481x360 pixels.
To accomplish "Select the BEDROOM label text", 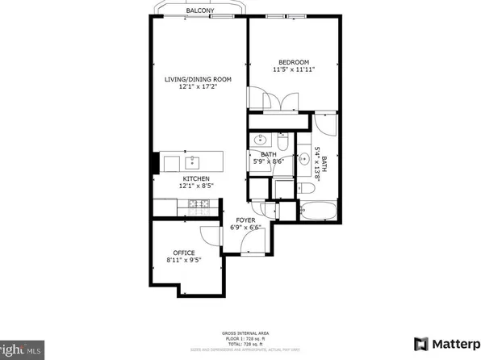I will pos(294,62).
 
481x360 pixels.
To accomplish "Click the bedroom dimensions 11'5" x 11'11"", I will pos(294,70).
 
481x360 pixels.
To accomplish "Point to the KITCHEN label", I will pos(195,178).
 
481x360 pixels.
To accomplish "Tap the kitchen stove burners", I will pos(196,206).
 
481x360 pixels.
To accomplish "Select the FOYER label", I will pos(246,220).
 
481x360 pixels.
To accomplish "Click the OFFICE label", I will pos(185,252).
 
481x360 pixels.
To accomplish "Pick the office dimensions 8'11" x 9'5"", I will pos(185,260).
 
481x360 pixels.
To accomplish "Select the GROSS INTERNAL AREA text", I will pos(240,332).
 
